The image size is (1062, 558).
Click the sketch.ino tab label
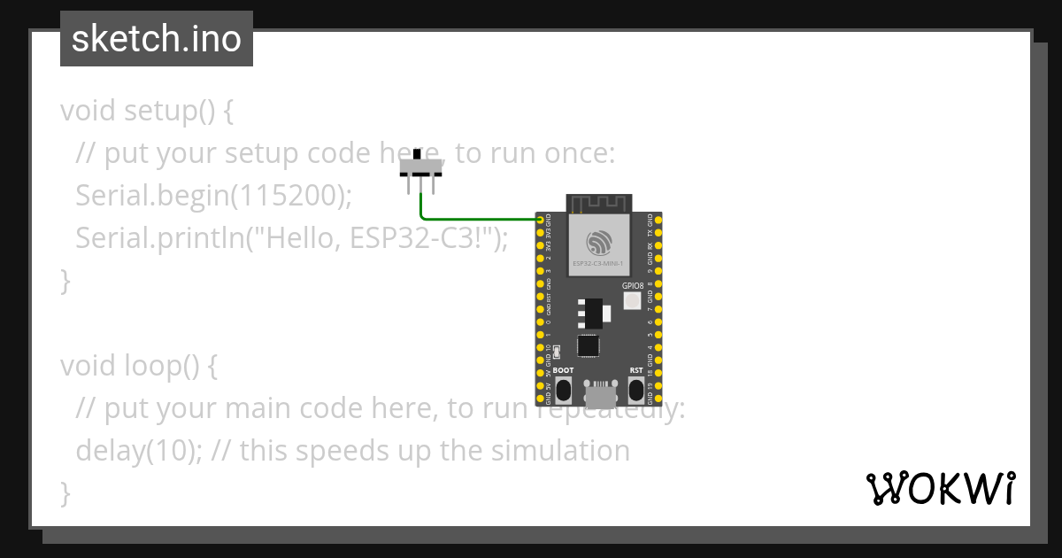(157, 39)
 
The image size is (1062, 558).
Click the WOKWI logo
(940, 488)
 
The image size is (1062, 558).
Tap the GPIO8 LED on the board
(632, 301)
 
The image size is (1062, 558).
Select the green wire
(478, 217)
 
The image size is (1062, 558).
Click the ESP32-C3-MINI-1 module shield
(598, 244)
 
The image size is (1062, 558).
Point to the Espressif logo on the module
(598, 240)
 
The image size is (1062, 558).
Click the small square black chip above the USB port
(589, 346)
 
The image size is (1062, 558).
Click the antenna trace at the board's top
(598, 204)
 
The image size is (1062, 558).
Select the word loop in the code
(152, 366)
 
